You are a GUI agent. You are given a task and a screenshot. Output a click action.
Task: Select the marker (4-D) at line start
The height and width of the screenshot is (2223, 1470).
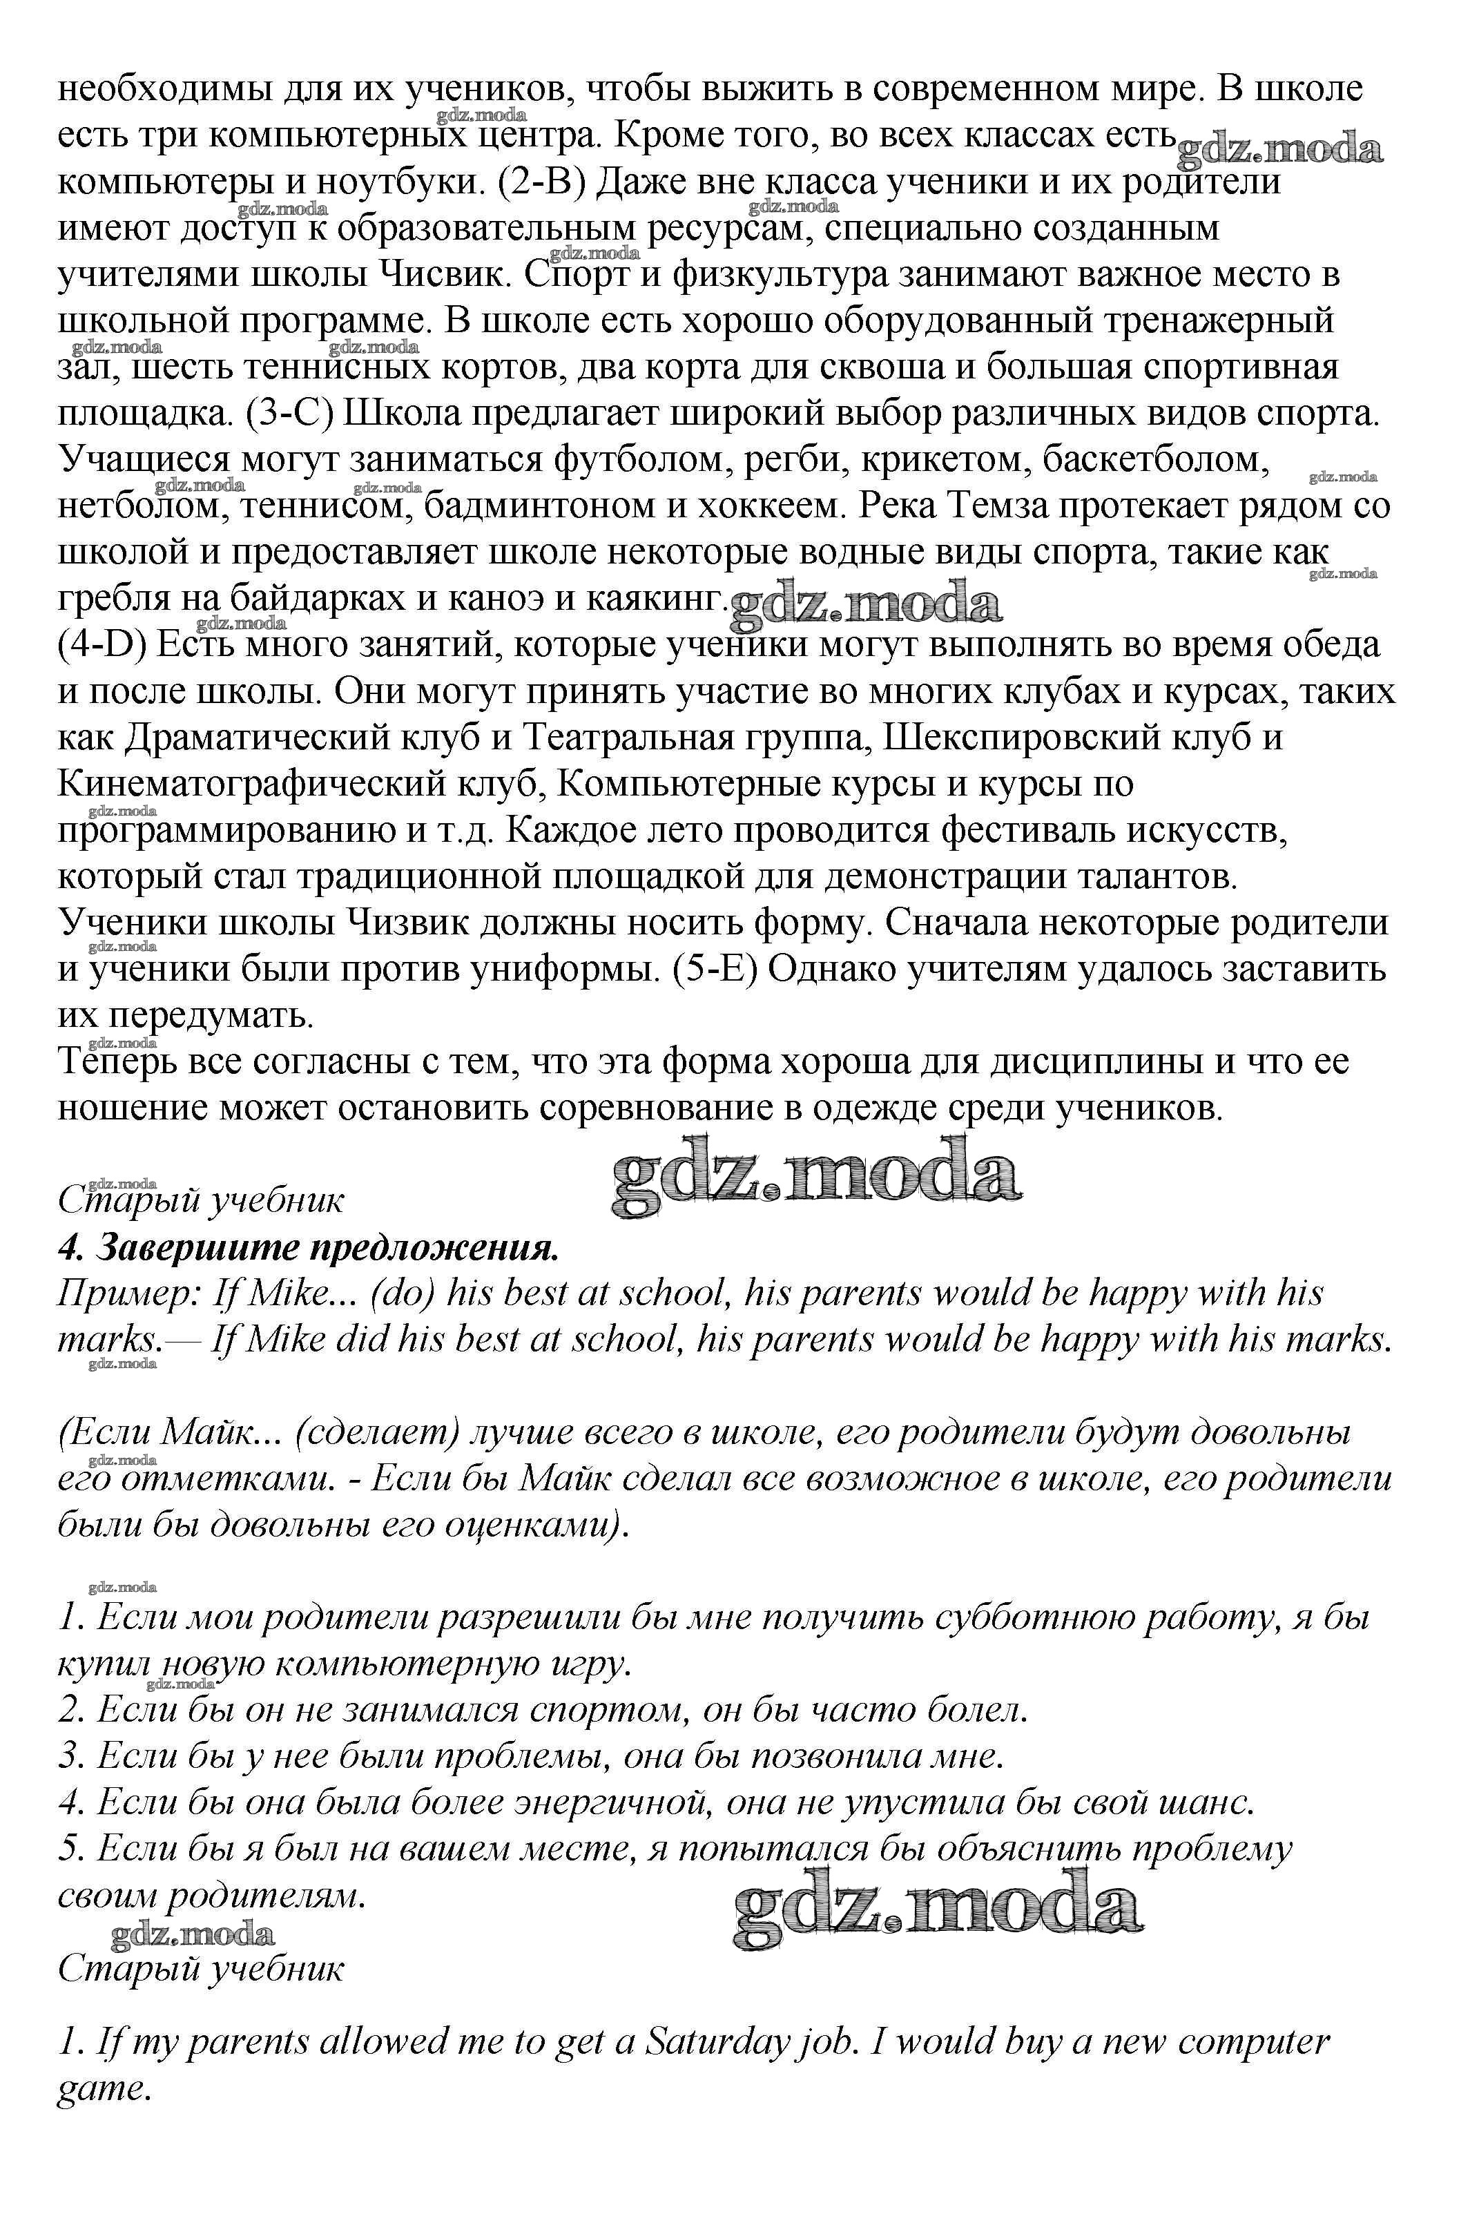tap(103, 645)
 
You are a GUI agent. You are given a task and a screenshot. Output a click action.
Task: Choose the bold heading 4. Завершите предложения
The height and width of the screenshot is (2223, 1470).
tap(309, 1248)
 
